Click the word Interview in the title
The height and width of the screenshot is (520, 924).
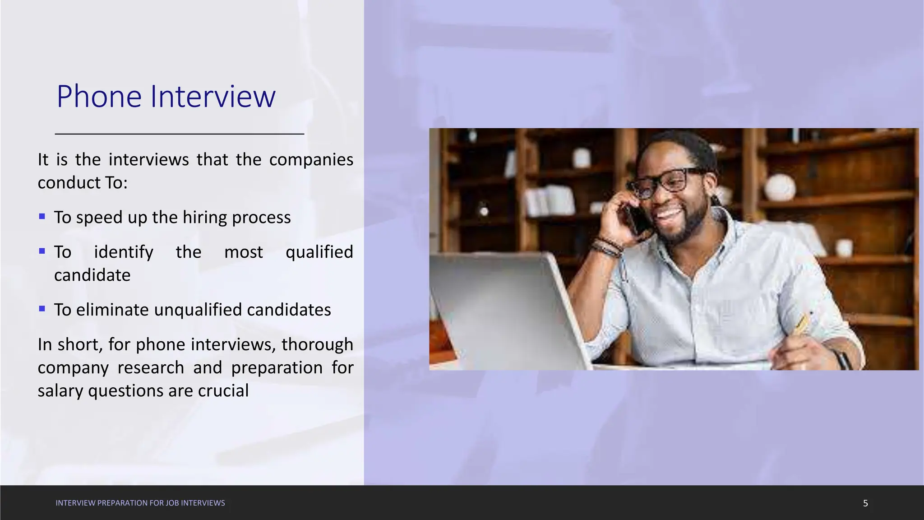point(213,97)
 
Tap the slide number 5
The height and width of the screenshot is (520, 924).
point(865,503)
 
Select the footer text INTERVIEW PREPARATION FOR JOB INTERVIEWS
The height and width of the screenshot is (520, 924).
point(140,503)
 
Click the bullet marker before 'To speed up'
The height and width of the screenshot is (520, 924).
point(42,217)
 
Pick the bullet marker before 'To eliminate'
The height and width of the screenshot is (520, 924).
point(42,309)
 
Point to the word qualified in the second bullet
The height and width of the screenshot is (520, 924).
point(319,252)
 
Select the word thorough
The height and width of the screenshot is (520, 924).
point(317,344)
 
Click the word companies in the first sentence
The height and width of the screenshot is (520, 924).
point(311,160)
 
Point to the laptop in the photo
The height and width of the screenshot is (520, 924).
point(501,307)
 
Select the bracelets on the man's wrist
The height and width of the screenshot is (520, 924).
point(607,246)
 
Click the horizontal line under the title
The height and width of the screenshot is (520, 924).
point(180,134)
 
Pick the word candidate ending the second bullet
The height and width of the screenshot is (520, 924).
point(92,275)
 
